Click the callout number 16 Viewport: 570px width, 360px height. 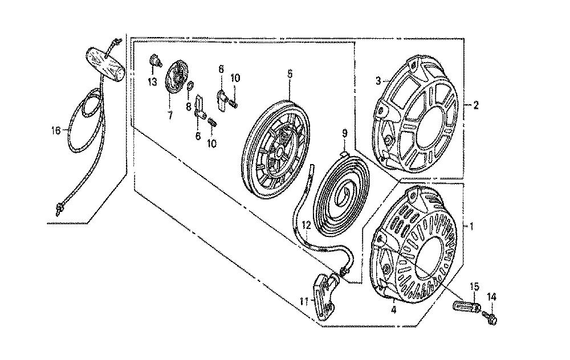coord(56,130)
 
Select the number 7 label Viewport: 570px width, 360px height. coord(170,116)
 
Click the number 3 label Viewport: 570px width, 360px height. coord(378,81)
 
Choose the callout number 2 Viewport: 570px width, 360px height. coord(475,105)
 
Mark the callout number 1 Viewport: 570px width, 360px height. coord(471,227)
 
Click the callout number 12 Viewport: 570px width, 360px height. coord(307,225)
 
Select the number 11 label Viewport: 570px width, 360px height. coord(304,301)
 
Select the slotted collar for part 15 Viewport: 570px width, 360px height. coord(467,304)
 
